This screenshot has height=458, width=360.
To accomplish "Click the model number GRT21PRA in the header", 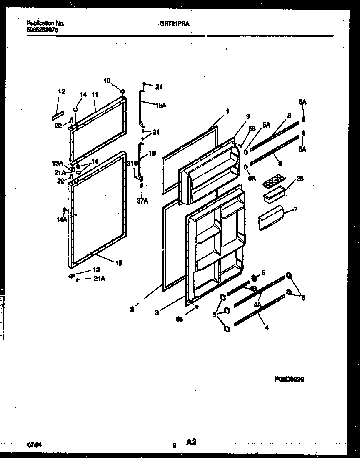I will [175, 24].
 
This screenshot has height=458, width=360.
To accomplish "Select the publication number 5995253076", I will [42, 30].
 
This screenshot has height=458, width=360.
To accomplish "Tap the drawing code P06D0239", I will [289, 380].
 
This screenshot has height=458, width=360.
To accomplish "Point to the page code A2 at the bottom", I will [191, 443].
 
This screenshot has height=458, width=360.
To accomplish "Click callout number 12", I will [62, 92].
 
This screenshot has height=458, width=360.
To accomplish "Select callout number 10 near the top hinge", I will [107, 81].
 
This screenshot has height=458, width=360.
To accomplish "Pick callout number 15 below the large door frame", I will [119, 263].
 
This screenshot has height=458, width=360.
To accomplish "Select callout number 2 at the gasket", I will [132, 309].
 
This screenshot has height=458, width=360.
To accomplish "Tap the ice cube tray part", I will [273, 182].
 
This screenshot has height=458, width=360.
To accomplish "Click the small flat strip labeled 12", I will [58, 113].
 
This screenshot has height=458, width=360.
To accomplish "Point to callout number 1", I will [228, 111].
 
